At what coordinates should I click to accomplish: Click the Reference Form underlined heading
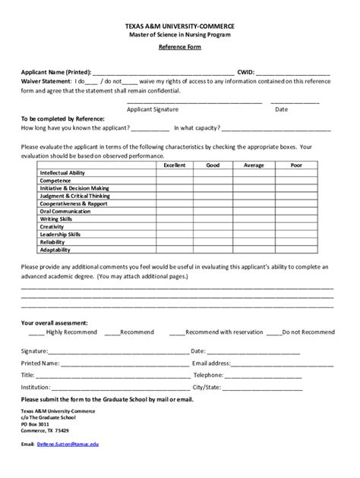pyautogui.click(x=180, y=47)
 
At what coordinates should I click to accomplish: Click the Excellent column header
pyautogui.click(x=175, y=165)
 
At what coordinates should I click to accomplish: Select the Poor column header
pyautogui.click(x=296, y=165)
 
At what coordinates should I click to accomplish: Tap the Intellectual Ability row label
pyautogui.click(x=62, y=173)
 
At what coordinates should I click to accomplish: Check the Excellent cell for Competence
pyautogui.click(x=175, y=181)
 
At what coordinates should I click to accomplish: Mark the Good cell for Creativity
pyautogui.click(x=213, y=227)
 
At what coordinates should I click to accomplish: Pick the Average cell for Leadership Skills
pyautogui.click(x=254, y=234)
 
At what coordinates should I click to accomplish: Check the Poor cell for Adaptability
pyautogui.click(x=296, y=250)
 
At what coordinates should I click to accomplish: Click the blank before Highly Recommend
pyautogui.click(x=36, y=332)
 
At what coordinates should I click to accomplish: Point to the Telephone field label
pyautogui.click(x=208, y=375)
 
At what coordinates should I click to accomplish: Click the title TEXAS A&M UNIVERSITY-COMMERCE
pyautogui.click(x=180, y=26)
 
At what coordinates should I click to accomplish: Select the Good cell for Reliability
pyautogui.click(x=213, y=242)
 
